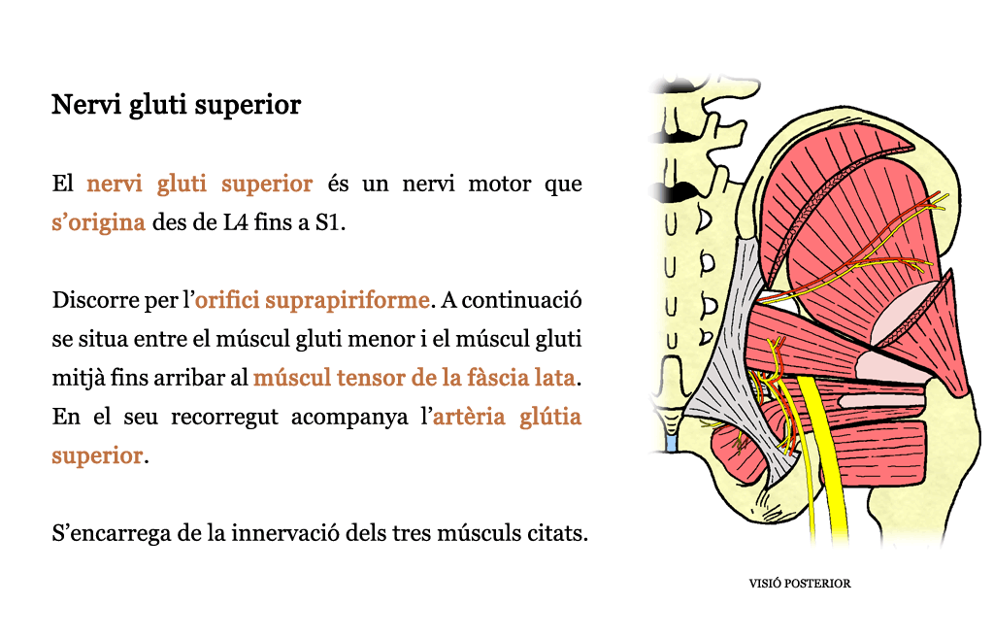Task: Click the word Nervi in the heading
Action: coord(86,105)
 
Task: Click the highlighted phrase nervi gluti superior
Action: coord(200,184)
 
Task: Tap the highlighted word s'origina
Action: coord(98,223)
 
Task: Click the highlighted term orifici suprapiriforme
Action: coord(312,300)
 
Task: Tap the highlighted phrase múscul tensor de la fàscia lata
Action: coord(414,378)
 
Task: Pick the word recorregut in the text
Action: coord(224,418)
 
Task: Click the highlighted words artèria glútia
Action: coord(507,418)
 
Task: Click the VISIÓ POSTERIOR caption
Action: coord(800,584)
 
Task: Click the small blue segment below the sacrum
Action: coord(672,442)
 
